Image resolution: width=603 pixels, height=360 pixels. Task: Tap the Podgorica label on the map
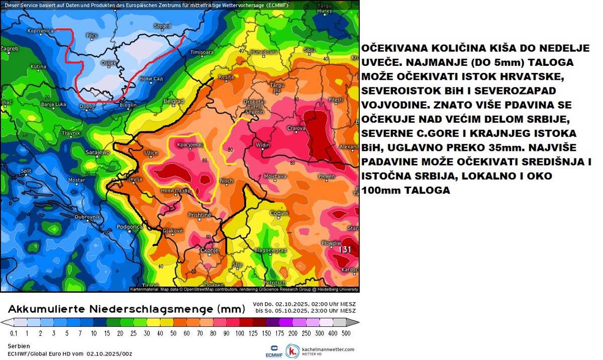click(x=130, y=227)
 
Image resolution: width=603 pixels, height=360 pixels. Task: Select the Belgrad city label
click(x=173, y=101)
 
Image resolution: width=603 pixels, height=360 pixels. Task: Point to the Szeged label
click(x=162, y=26)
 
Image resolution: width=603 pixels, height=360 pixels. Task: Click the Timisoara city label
click(x=202, y=52)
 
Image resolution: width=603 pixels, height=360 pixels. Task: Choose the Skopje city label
click(x=210, y=250)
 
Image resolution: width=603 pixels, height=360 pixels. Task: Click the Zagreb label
click(x=10, y=49)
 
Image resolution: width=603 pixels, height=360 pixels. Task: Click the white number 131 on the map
click(x=345, y=249)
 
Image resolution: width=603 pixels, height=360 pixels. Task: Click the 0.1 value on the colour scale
click(x=14, y=333)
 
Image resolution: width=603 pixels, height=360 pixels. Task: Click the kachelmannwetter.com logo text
click(x=328, y=349)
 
